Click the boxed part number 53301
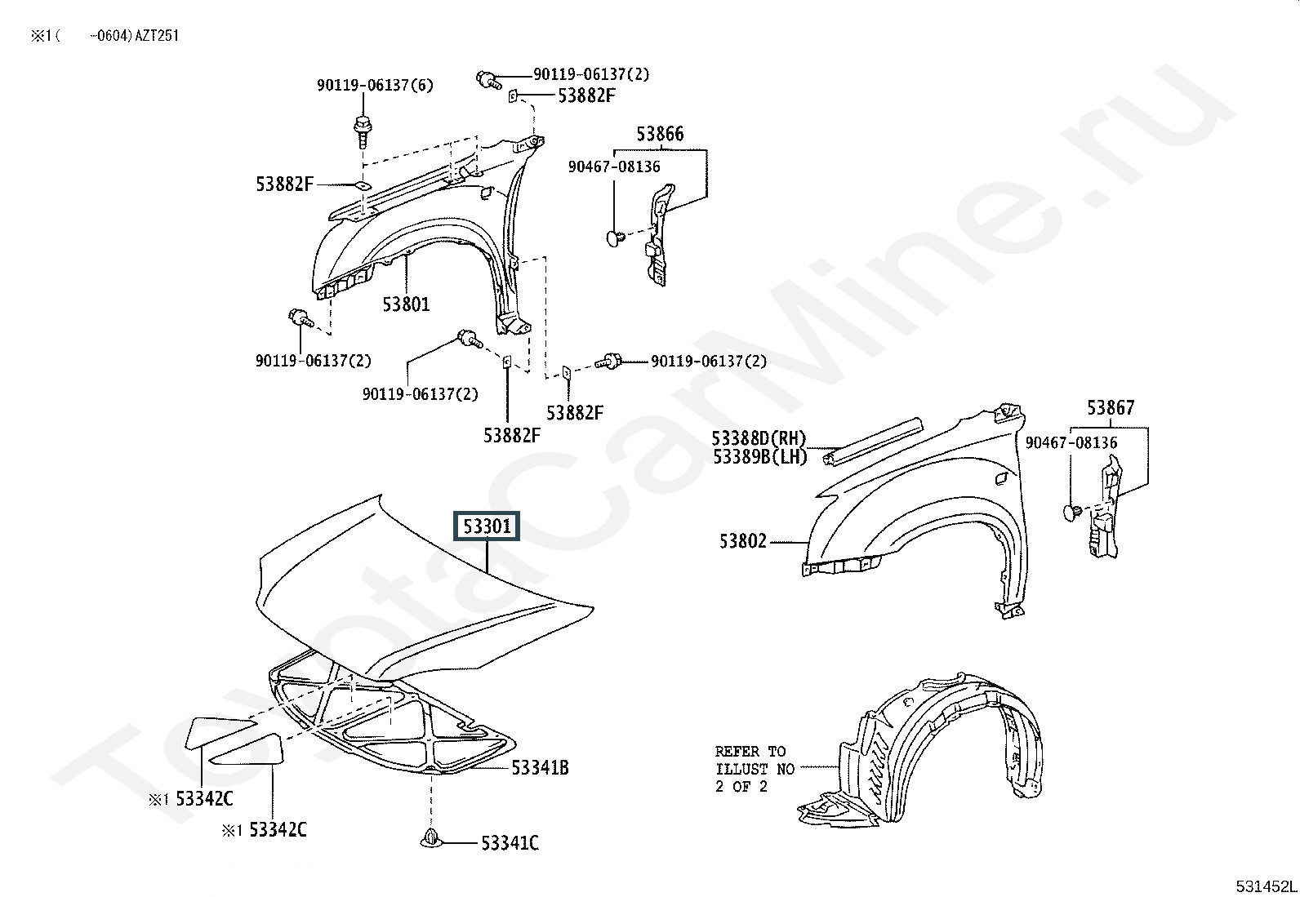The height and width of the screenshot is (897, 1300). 487,526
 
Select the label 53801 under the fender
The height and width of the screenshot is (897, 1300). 407,304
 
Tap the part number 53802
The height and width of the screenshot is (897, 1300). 743,541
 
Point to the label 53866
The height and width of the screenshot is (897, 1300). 660,134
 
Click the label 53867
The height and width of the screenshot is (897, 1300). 1111,408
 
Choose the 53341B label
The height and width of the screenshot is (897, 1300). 540,767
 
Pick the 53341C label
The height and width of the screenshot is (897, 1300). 510,842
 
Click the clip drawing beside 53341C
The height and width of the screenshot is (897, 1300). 430,837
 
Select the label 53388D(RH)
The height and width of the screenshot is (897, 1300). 759,438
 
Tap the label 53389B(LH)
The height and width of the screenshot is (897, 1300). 760,456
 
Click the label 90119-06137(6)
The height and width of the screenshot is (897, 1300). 375,85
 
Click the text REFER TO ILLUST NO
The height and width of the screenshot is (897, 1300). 755,760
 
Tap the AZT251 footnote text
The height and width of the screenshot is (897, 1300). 157,36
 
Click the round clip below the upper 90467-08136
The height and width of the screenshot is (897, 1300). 615,238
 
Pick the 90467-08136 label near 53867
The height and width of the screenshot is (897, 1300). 1071,442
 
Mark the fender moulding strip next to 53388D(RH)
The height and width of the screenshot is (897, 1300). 872,441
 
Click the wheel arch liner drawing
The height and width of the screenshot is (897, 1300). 923,748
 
